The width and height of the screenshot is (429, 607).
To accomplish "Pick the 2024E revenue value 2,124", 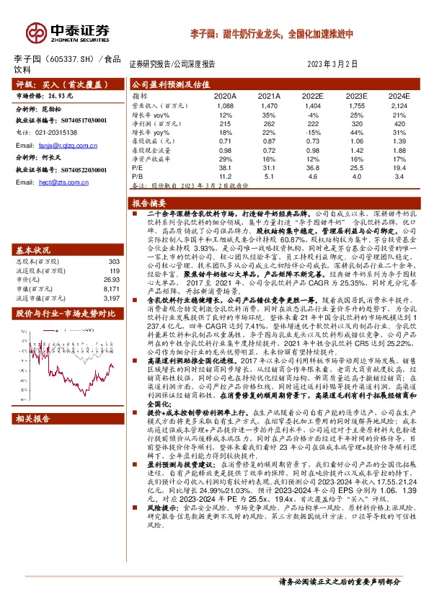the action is click(398, 106).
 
